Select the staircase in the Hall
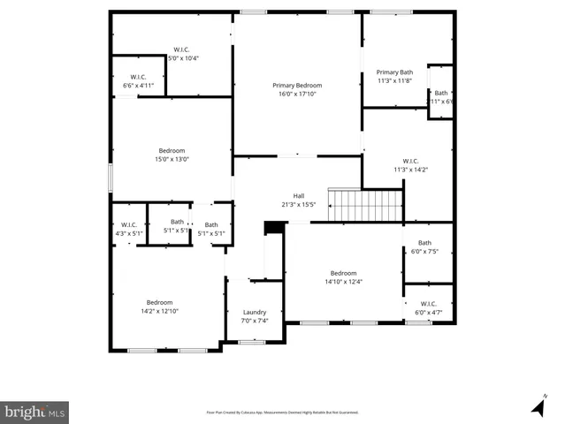click(x=365, y=206)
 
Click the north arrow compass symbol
click(x=537, y=406)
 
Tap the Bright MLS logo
click(x=34, y=412)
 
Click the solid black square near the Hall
click(x=274, y=228)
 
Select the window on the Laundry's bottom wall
click(x=252, y=342)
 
